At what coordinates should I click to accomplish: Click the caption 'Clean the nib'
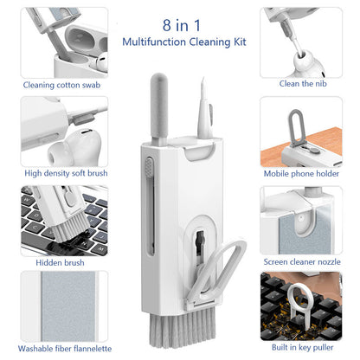303,84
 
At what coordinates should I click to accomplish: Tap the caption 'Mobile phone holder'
303,173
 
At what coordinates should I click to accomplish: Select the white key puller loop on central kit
227,271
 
